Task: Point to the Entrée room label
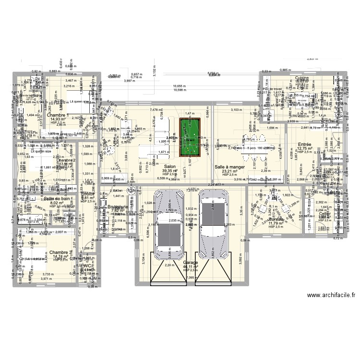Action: pyautogui.click(x=304, y=144)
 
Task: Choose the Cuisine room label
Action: pyautogui.click(x=302, y=78)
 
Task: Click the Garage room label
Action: pyautogui.click(x=191, y=263)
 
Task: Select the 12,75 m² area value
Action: pyautogui.click(x=304, y=149)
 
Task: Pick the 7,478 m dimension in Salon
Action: pyautogui.click(x=156, y=110)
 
